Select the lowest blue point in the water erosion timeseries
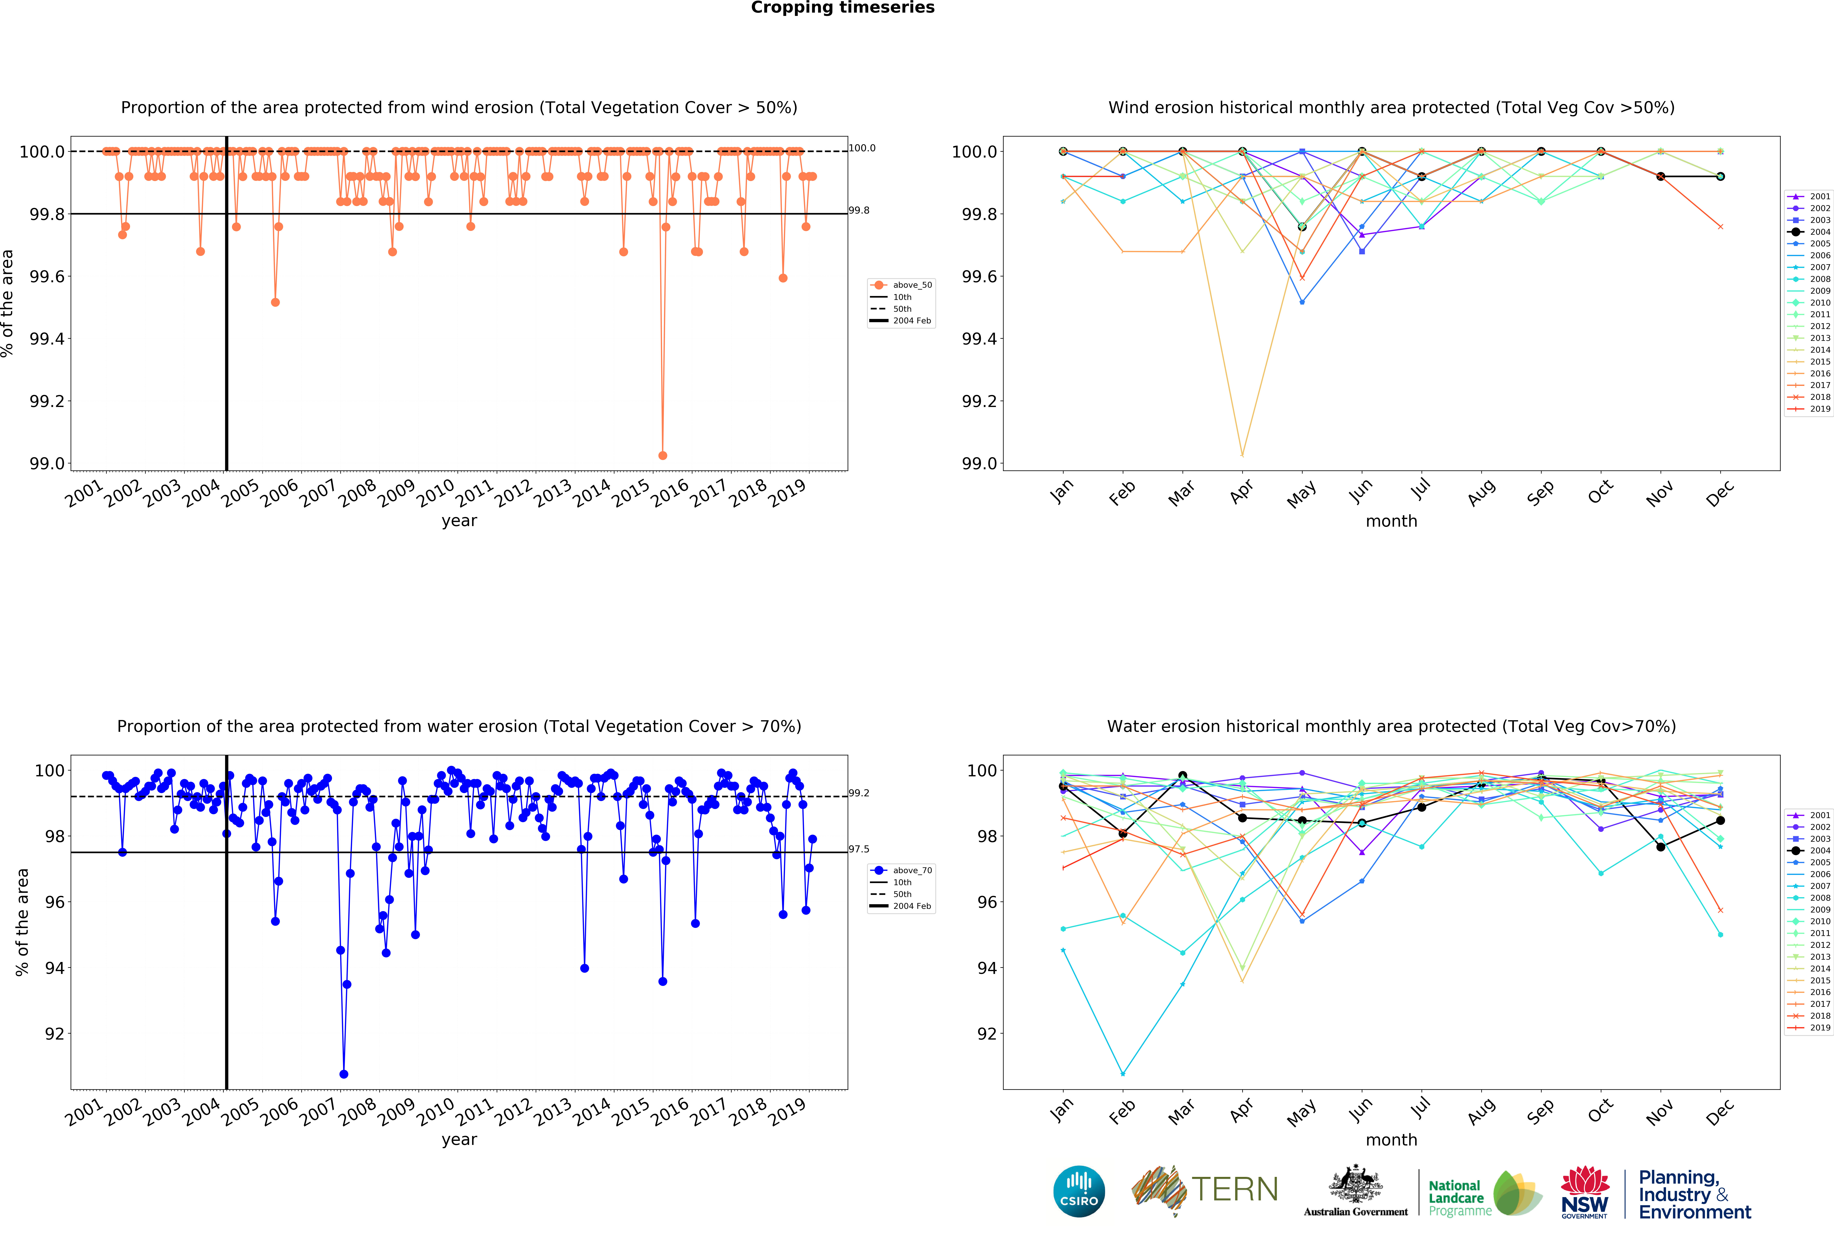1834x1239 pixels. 343,1074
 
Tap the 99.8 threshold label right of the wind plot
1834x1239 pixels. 859,211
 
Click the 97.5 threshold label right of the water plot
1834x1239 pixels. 859,849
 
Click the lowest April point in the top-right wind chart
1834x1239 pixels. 1242,455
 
